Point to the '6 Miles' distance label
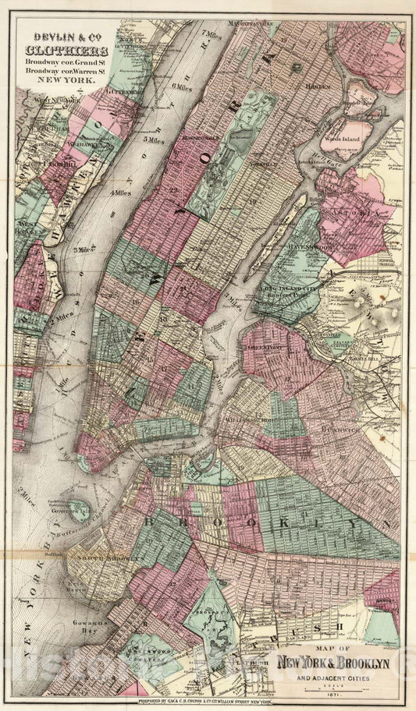pyautogui.click(x=182, y=86)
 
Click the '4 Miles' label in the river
pyautogui.click(x=121, y=192)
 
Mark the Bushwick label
pyautogui.click(x=337, y=428)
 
